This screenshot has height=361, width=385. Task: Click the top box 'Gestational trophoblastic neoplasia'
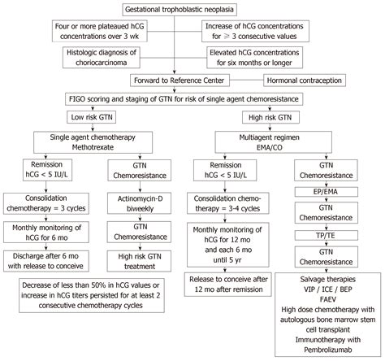(x=192, y=10)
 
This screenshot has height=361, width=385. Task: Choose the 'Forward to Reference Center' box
(x=190, y=80)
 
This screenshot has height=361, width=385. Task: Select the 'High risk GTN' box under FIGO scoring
(x=281, y=118)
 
